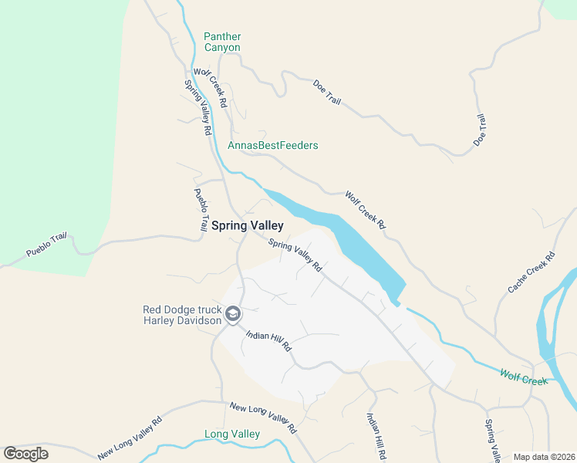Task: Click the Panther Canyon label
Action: pos(222,42)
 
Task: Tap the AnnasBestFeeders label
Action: pos(273,145)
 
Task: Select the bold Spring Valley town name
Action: pos(247,226)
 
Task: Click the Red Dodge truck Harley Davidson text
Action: pos(182,316)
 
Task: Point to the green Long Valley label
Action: pos(231,434)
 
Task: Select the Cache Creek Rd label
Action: pos(531,272)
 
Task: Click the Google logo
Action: pos(25,454)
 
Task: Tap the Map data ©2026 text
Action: pos(543,457)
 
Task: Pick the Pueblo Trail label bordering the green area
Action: pos(48,245)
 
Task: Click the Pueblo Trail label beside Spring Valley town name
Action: pos(201,210)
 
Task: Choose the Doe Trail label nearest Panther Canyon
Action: pos(326,92)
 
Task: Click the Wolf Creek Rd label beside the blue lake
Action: pos(365,209)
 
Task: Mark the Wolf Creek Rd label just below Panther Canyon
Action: pos(210,87)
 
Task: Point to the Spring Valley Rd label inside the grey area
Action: pos(295,255)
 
